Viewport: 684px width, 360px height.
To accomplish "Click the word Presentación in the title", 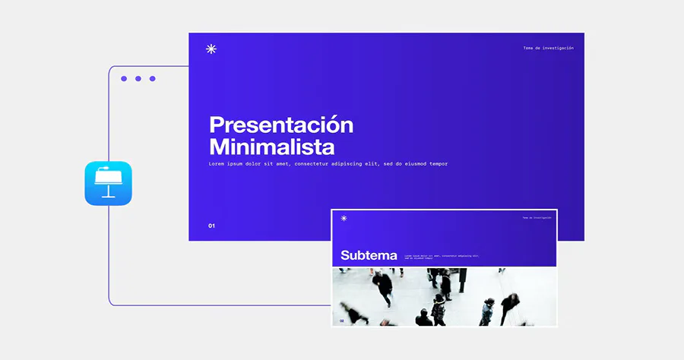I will (x=281, y=125).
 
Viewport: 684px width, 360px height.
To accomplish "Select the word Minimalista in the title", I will (x=271, y=147).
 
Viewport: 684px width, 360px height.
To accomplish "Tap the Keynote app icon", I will (x=108, y=183).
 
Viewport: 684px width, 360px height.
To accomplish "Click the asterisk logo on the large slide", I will (x=211, y=49).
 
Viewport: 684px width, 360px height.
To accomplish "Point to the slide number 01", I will (x=212, y=226).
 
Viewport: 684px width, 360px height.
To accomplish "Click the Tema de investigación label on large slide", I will (x=548, y=48).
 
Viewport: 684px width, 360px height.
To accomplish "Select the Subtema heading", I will (x=369, y=255).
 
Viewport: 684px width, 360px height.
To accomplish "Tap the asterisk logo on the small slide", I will (x=344, y=218).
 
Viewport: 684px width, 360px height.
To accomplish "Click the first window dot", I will (x=124, y=78).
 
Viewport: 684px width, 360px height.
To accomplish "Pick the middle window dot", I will (x=138, y=78).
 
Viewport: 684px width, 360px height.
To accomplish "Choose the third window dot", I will (x=152, y=78).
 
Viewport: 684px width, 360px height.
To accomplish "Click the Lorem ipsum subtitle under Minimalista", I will (x=328, y=164).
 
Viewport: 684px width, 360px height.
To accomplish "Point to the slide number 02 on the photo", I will (x=342, y=321).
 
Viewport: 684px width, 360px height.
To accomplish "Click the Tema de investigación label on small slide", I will (x=537, y=218).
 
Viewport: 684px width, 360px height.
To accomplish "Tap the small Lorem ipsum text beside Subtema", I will (x=441, y=257).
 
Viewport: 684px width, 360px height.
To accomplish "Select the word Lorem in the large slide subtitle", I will (x=218, y=164).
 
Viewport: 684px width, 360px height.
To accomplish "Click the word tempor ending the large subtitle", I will (x=437, y=164).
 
